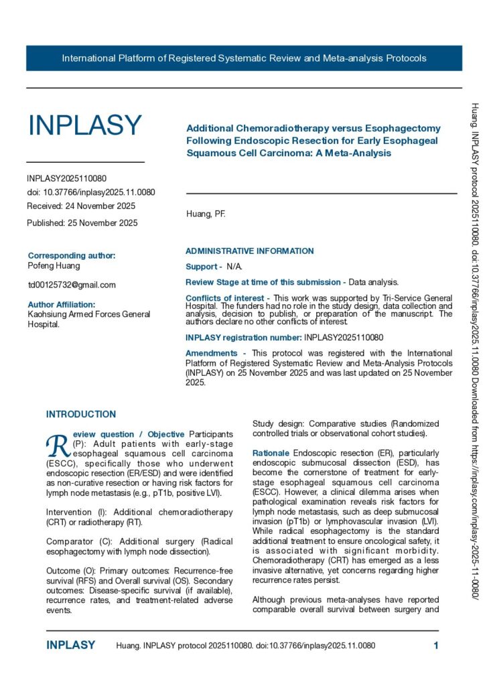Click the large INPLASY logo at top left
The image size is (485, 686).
pos(84,125)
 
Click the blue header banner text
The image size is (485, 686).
pos(244,58)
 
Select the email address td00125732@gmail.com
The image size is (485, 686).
pos(72,285)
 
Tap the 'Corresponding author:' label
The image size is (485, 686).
pos(72,255)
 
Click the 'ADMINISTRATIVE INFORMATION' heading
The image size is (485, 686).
pos(249,251)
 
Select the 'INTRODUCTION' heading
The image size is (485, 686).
pos(81,415)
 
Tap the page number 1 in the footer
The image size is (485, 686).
pos(436,646)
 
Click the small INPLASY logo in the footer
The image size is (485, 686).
pos(70,646)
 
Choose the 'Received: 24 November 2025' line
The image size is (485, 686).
pos(81,206)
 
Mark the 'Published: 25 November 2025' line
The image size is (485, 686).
pos(82,223)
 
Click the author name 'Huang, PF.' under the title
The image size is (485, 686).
pos(206,214)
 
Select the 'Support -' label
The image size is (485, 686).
pos(204,267)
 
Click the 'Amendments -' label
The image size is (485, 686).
pos(211,353)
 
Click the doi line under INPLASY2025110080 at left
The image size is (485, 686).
pos(91,192)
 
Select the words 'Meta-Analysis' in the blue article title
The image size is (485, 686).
pos(359,153)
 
